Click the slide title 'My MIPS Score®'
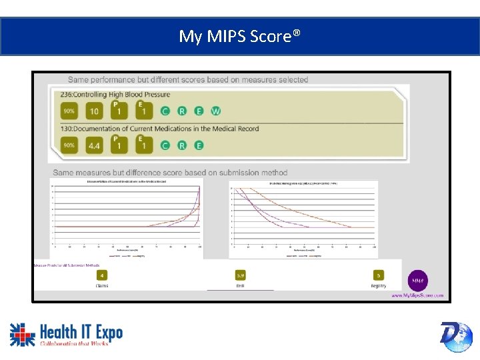click(x=239, y=36)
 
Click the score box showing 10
click(x=94, y=111)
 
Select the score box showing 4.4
click(x=94, y=145)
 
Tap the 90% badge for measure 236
click(x=69, y=111)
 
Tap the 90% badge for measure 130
click(x=69, y=145)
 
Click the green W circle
click(x=215, y=111)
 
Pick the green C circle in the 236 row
click(x=165, y=111)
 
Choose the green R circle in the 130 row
click(x=181, y=145)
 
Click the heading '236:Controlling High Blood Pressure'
click(x=115, y=95)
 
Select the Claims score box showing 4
click(x=102, y=275)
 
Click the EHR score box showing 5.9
click(x=241, y=275)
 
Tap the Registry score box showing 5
click(x=379, y=275)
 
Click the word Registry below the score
click(x=379, y=286)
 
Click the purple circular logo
click(x=418, y=280)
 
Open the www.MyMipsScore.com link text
click(x=417, y=295)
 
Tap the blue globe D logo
click(x=456, y=336)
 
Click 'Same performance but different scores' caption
click(x=188, y=79)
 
